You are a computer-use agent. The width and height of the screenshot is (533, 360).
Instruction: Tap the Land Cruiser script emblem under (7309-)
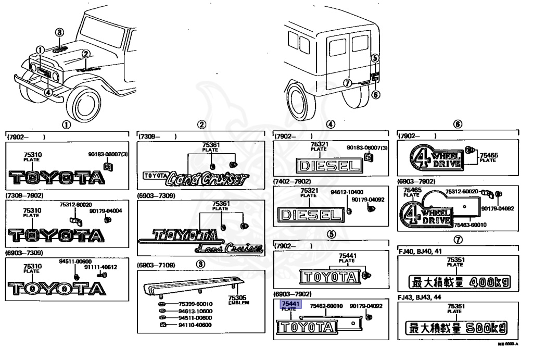tap(204, 178)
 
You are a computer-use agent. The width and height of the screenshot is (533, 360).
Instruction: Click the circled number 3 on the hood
tap(60, 32)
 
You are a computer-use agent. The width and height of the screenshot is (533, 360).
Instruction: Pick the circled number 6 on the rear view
tap(376, 94)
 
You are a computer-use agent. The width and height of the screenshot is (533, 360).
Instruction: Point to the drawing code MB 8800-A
tap(507, 344)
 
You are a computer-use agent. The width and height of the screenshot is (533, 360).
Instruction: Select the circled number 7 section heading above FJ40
tap(458, 240)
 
